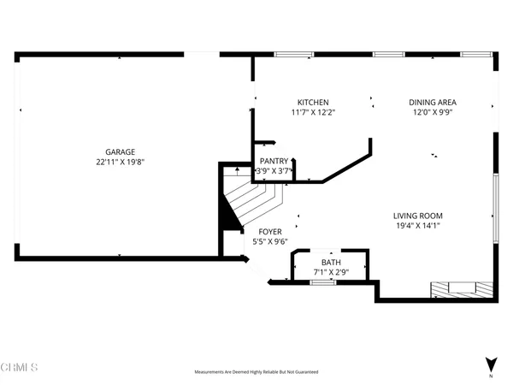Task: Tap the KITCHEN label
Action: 312,103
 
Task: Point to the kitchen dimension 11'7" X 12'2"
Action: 312,112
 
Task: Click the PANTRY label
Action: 274,161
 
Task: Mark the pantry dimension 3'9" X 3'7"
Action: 274,170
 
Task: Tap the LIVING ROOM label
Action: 417,216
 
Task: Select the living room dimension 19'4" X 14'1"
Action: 417,226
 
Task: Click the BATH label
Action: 330,263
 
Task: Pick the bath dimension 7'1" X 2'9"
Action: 330,272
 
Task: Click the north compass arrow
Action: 490,364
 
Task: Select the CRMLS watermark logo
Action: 20,368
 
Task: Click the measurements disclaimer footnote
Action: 256,373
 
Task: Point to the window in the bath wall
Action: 322,281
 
